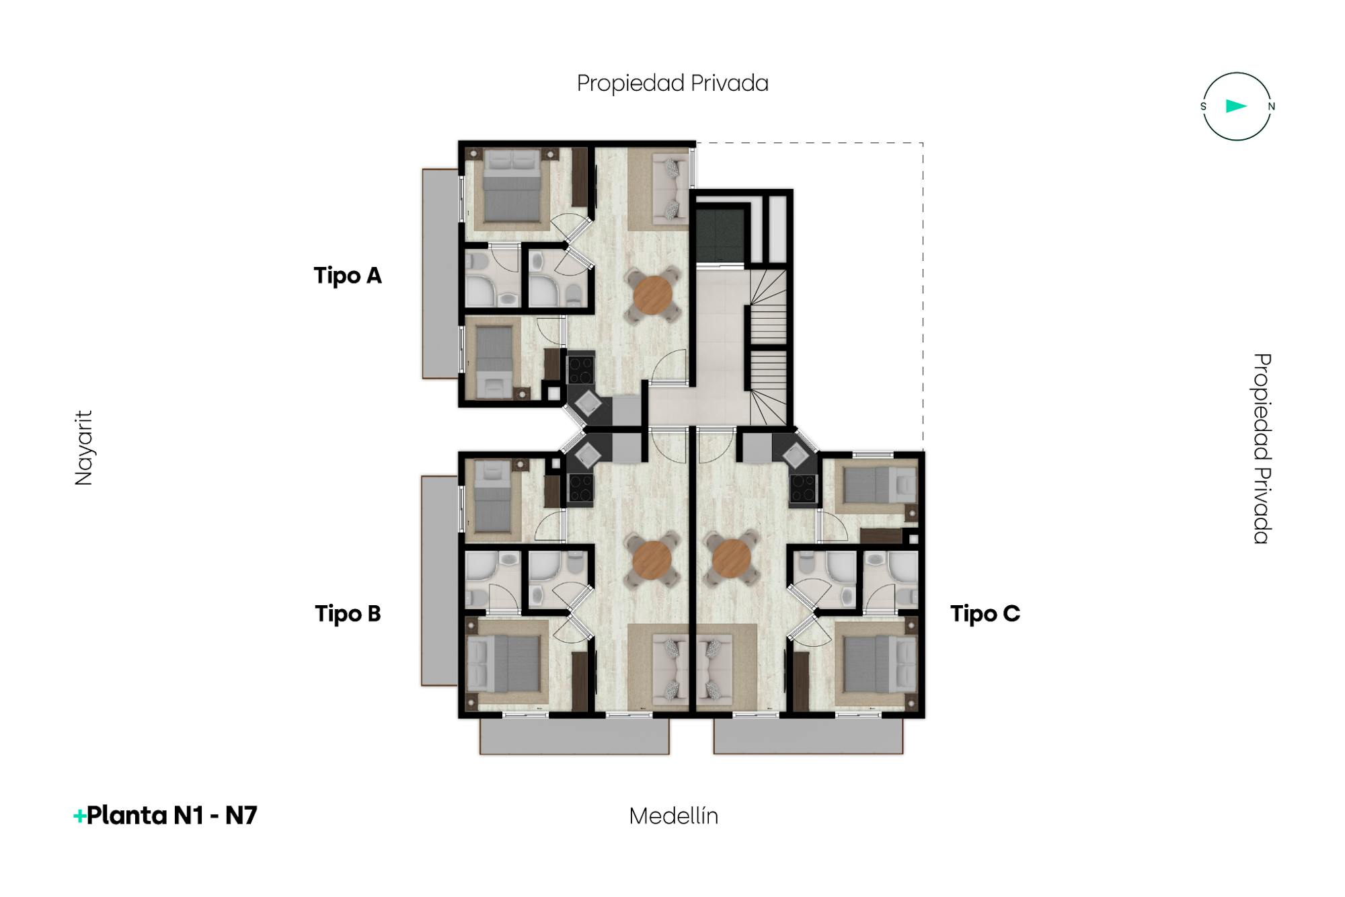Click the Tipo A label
[x=348, y=276]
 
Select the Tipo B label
[x=348, y=614]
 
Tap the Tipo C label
[x=985, y=614]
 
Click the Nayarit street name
[x=83, y=448]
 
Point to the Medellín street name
[x=674, y=816]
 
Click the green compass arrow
[x=1236, y=106]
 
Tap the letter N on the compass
[x=1271, y=106]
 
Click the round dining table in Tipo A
[x=652, y=295]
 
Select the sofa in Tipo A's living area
[x=671, y=188]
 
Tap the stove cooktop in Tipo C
[x=803, y=489]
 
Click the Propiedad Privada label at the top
[x=672, y=83]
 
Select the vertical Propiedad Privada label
[x=1262, y=448]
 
